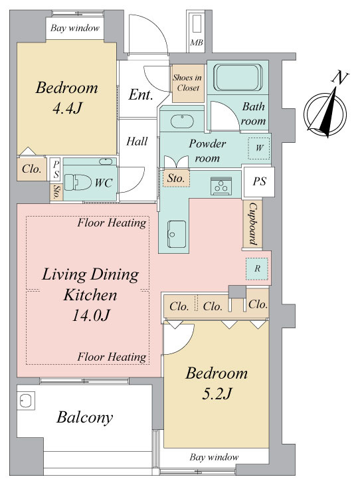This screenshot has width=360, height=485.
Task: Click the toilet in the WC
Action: click(77, 182)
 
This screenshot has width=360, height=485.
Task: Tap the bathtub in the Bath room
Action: click(238, 77)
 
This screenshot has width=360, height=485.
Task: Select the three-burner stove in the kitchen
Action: click(221, 186)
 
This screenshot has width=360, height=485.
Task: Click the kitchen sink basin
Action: click(177, 234)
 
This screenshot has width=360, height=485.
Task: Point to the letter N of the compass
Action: click(340, 78)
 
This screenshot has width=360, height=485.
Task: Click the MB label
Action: click(197, 43)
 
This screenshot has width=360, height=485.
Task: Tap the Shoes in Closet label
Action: click(188, 82)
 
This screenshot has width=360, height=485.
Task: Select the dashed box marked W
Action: click(259, 148)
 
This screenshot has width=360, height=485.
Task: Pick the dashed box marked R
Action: click(257, 269)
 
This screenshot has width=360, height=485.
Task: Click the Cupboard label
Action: click(253, 224)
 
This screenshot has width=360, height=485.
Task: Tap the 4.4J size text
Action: click(67, 108)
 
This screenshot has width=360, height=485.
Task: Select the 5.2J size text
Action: click(217, 394)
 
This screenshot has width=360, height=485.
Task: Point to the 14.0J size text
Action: click(90, 316)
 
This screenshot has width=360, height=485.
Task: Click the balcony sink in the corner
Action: click(26, 401)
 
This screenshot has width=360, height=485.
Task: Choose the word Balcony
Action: click(85, 418)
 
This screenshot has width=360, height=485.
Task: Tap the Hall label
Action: click(137, 142)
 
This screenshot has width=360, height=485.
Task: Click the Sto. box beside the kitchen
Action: click(176, 178)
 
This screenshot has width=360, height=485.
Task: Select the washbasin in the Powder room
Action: click(182, 121)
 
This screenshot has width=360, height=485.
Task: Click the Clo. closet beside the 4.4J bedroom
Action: click(31, 169)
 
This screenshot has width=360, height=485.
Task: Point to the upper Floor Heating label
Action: click(112, 223)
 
